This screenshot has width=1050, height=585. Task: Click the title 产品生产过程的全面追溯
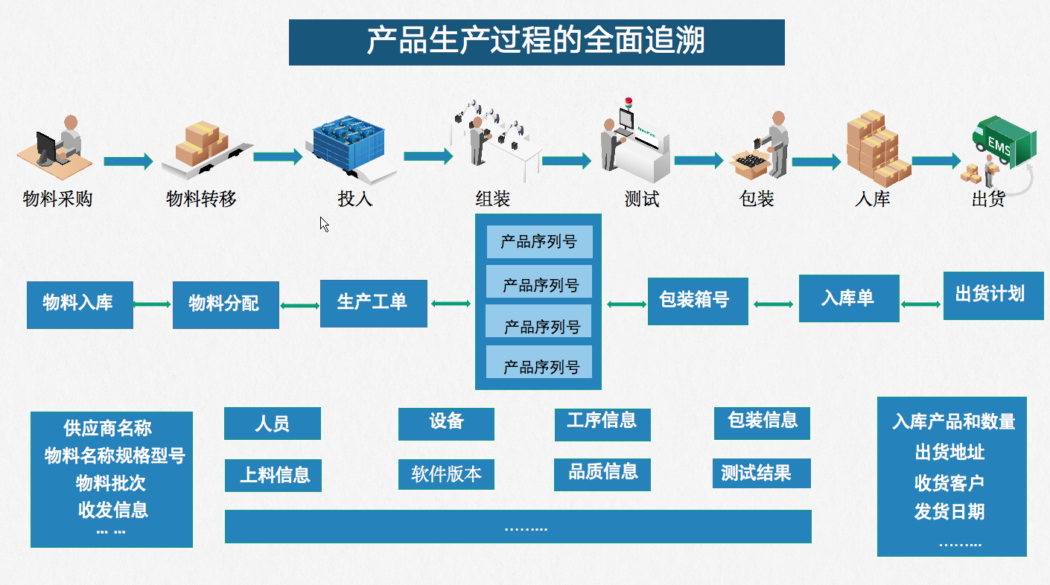coord(536,42)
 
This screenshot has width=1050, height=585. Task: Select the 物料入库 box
coord(80,304)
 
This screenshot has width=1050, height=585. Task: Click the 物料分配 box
coord(226,304)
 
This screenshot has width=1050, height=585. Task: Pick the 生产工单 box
coord(373,303)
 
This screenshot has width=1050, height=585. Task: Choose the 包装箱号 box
coord(697,301)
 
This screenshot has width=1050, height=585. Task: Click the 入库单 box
coord(848,298)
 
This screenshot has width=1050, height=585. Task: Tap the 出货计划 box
coord(993,295)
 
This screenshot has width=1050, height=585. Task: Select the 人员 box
coord(272,423)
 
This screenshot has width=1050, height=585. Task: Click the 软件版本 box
coord(446,474)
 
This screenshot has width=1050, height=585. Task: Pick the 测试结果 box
coord(761,473)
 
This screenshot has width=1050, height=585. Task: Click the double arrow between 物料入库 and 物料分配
coord(153,304)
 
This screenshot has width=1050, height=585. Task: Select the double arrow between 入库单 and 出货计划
coord(921,304)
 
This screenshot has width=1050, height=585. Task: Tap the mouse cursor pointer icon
coord(324,224)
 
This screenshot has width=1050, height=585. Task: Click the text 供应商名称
coord(108,429)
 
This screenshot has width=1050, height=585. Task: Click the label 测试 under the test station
coord(641,199)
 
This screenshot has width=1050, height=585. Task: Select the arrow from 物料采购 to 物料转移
coord(127,162)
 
